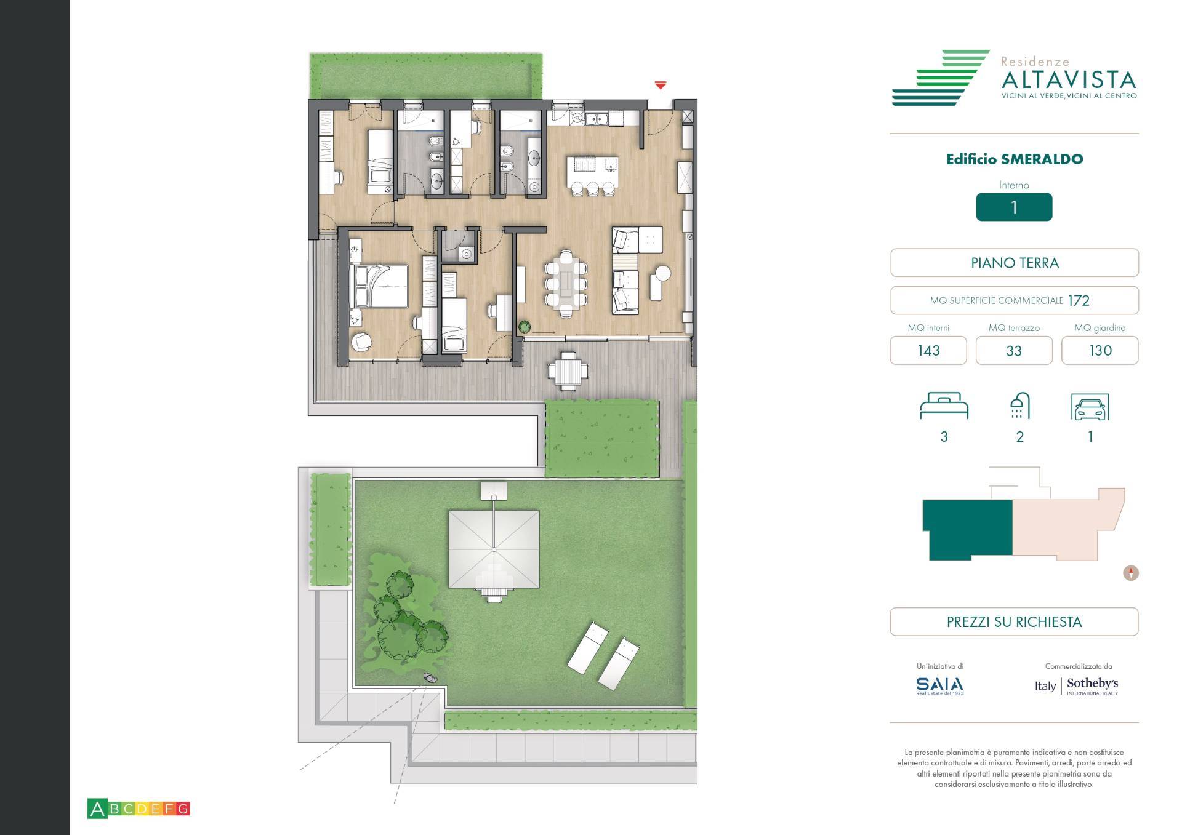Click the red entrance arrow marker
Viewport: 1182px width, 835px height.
[661, 85]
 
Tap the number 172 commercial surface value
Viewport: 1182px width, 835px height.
[1079, 301]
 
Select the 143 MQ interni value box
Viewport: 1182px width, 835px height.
[928, 351]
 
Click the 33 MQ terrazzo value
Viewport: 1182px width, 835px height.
[1014, 351]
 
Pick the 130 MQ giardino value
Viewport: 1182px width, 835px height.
[1100, 351]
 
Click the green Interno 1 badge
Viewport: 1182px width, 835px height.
[1014, 207]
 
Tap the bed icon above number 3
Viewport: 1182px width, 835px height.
[944, 406]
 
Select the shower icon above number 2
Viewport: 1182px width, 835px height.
[1019, 406]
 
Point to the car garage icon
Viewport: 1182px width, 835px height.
[1090, 407]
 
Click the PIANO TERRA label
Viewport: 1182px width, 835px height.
[1015, 263]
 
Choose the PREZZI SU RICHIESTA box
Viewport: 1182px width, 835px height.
[1014, 622]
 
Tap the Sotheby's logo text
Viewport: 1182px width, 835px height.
[1092, 684]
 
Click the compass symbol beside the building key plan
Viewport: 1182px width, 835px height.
[1131, 573]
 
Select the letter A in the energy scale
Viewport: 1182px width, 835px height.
[97, 809]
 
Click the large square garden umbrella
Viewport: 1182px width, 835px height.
[494, 549]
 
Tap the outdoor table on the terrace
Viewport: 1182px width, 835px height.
[568, 371]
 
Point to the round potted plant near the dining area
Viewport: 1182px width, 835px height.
[525, 327]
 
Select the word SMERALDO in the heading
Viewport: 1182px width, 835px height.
[1042, 159]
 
